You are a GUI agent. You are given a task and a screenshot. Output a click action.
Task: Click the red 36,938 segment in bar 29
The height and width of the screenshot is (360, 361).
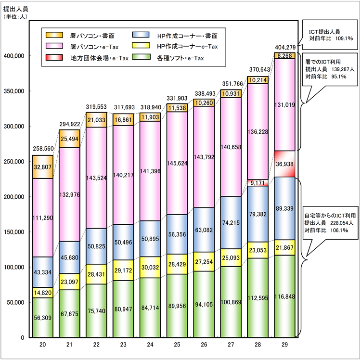coord(284,164)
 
